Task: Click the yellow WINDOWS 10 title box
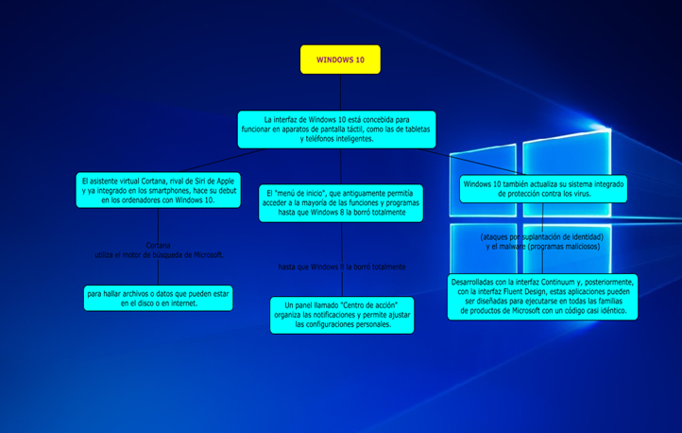coord(340,60)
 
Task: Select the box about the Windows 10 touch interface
coord(337,130)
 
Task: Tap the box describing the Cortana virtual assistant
coord(158,189)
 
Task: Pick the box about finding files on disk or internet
coord(158,299)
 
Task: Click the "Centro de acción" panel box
coord(341,315)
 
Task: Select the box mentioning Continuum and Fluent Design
coord(542,297)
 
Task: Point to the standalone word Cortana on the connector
coord(158,246)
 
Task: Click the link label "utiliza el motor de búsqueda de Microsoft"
coord(159,255)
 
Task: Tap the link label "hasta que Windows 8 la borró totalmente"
coord(342,268)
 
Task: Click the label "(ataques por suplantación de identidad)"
coord(542,236)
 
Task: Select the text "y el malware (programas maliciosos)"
coord(542,247)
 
